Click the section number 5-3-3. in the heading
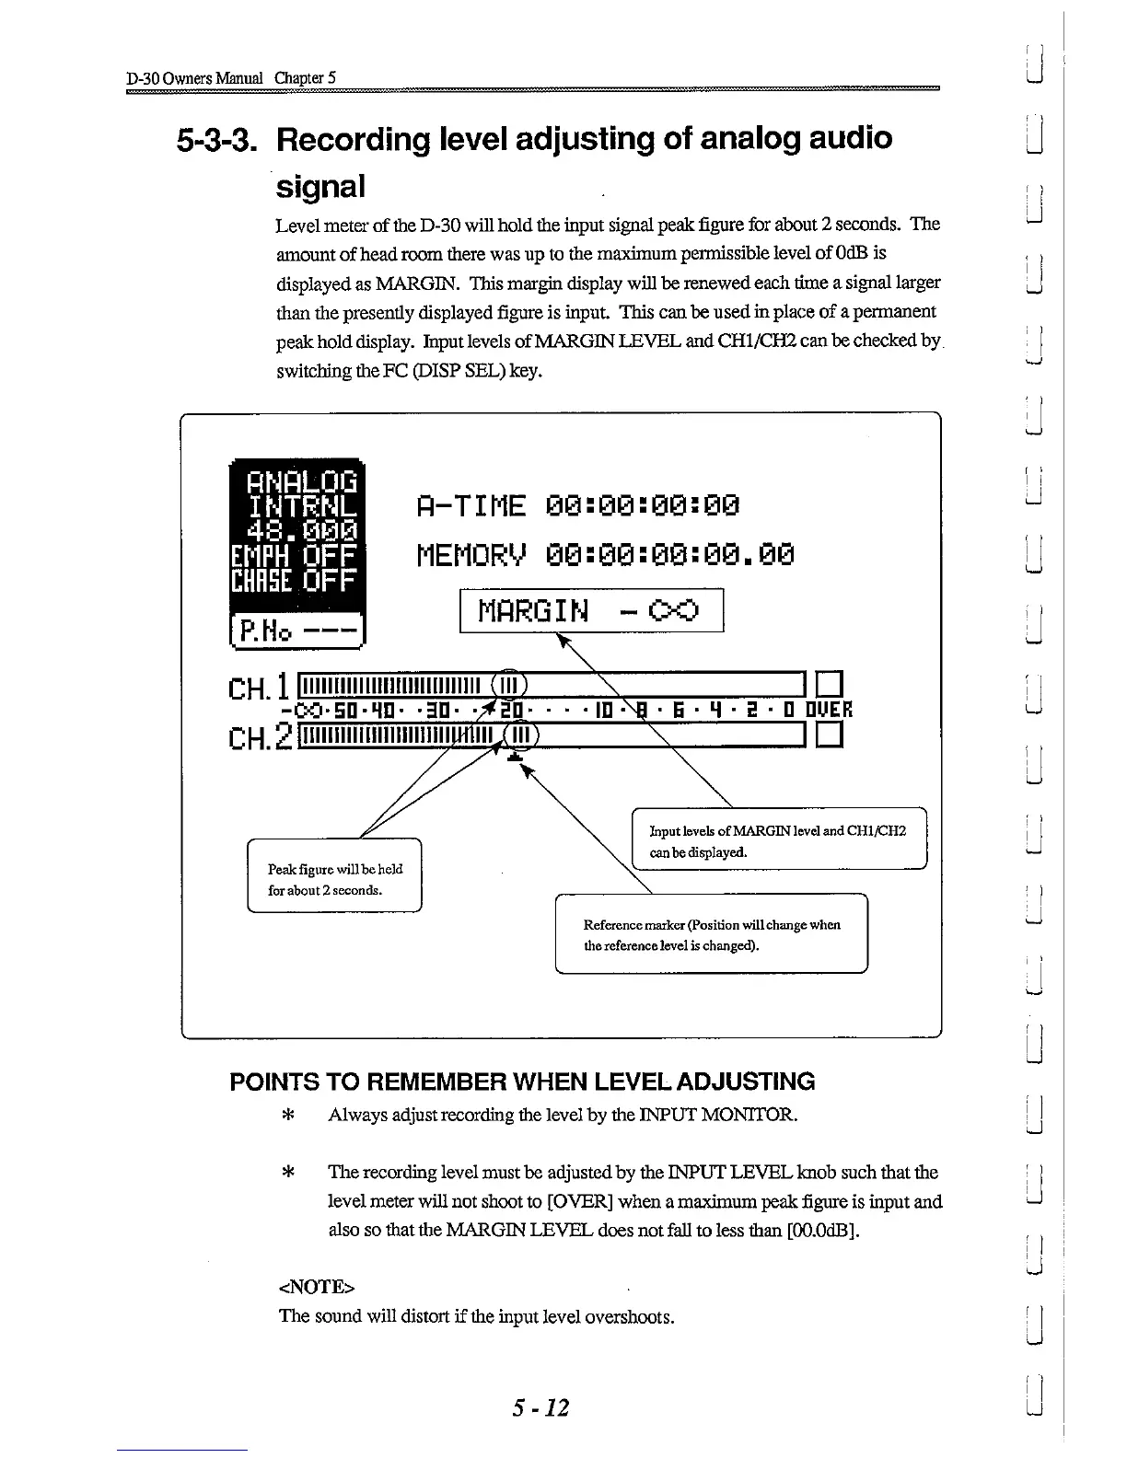click(218, 139)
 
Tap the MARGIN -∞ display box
click(591, 610)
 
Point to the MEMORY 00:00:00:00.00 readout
click(604, 555)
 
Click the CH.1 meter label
click(260, 686)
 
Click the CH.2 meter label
click(261, 736)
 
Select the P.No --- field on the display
click(299, 631)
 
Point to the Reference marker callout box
click(711, 933)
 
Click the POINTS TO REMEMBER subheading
click(522, 1081)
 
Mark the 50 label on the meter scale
click(330, 710)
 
